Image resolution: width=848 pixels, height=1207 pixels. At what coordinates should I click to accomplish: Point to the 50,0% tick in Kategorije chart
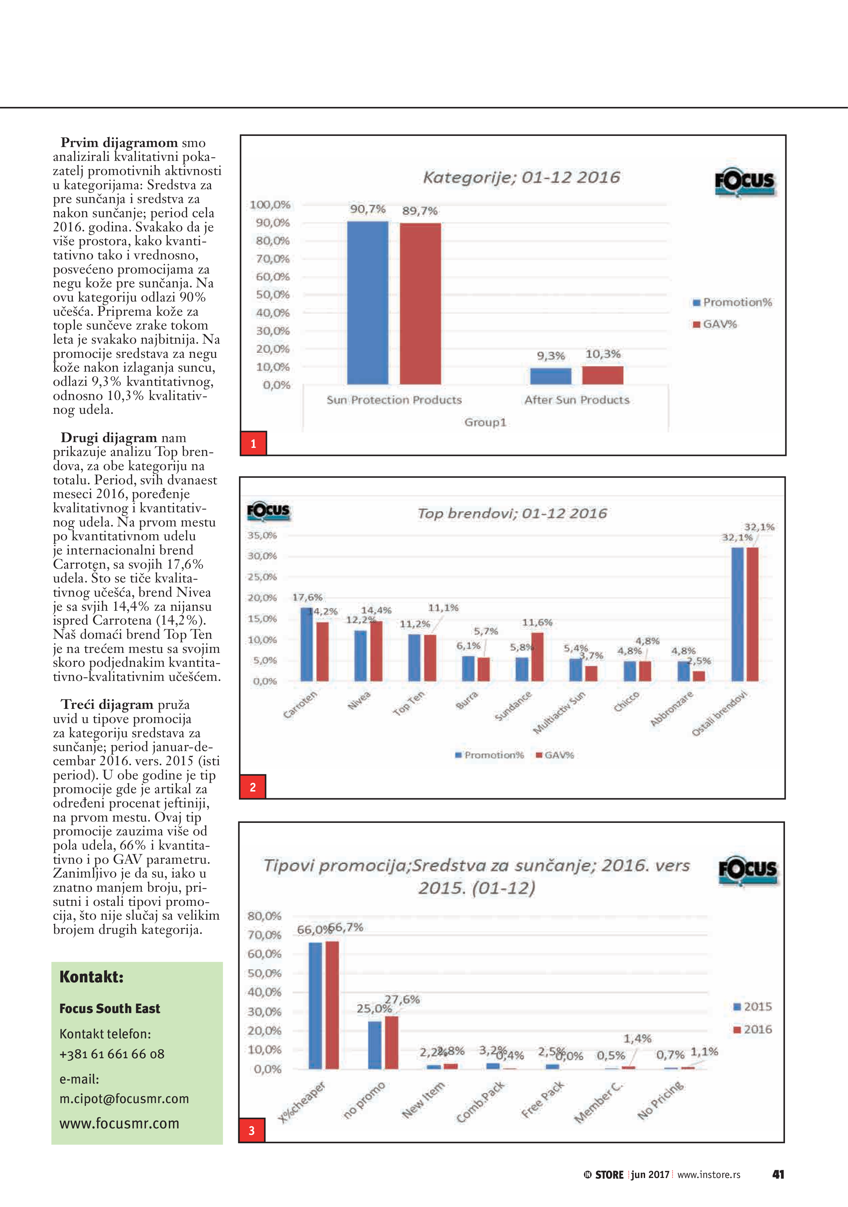pos(273,294)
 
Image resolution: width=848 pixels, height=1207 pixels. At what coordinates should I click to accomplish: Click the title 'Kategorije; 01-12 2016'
pos(521,177)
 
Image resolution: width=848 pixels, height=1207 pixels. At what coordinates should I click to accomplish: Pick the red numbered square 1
pos(253,443)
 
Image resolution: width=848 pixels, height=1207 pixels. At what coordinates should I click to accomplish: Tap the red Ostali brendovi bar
pos(752,614)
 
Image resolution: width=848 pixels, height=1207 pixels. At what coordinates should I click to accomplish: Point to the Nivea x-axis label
pos(359,700)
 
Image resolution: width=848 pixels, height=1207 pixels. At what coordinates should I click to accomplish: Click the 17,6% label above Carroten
pos(307,597)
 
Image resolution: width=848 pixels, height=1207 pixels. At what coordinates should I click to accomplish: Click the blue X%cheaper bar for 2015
pos(315,1005)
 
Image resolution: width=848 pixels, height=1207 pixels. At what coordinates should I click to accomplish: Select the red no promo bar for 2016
pos(391,1042)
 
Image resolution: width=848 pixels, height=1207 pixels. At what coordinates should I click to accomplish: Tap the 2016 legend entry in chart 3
pos(753,1029)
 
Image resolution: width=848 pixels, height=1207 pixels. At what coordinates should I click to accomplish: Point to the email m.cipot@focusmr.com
pos(124,1099)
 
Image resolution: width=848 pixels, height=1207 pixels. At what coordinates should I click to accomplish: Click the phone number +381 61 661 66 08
pos(112,1054)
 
